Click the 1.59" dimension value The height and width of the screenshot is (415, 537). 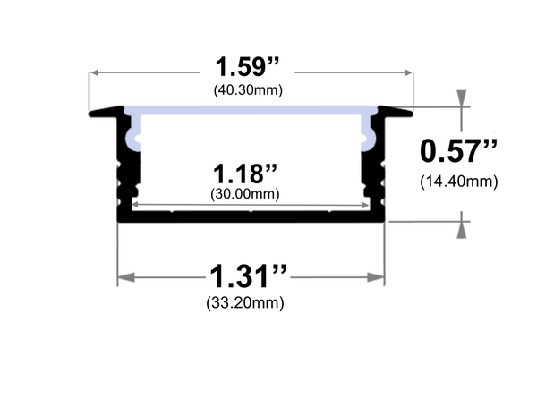click(x=249, y=68)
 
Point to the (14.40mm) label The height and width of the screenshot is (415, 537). click(x=458, y=182)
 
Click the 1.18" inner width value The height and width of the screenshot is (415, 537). click(x=244, y=171)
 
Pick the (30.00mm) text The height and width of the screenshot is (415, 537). click(x=244, y=192)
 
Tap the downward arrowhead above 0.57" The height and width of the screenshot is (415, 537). click(x=462, y=98)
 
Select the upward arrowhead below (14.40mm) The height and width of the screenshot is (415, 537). click(x=462, y=230)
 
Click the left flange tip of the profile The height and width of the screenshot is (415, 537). click(x=94, y=113)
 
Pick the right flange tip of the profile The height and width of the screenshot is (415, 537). click(x=409, y=113)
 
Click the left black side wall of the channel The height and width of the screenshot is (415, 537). click(x=124, y=170)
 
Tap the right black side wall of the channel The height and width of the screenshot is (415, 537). click(x=379, y=170)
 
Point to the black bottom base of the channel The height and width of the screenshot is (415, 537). click(x=251, y=216)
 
